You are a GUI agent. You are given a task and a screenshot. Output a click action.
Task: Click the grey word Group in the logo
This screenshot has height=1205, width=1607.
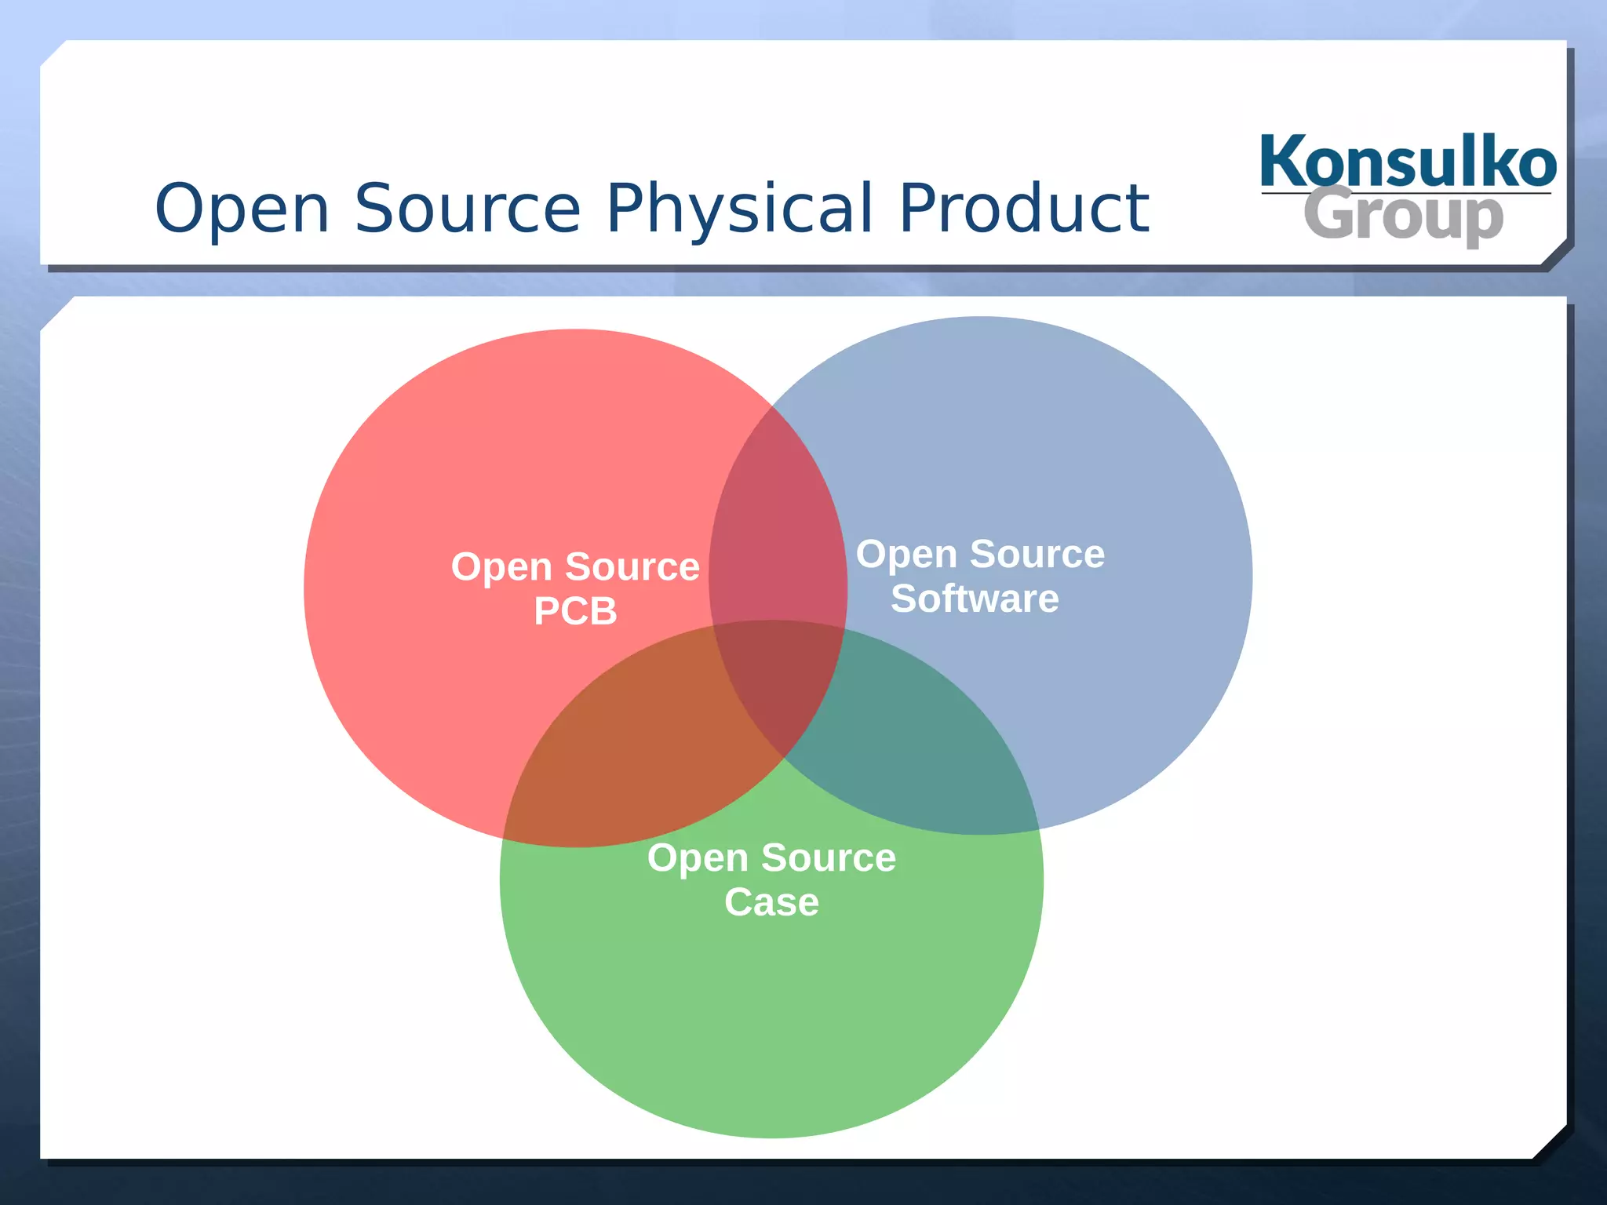coord(1403,216)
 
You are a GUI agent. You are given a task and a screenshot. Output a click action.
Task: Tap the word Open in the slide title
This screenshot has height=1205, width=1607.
coord(242,209)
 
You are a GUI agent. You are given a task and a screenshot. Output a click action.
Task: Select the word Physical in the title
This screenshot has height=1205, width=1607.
coord(739,209)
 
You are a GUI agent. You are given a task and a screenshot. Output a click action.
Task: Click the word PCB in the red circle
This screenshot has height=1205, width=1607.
coord(575,611)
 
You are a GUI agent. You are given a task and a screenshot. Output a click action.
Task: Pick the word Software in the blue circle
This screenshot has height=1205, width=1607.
coord(975,599)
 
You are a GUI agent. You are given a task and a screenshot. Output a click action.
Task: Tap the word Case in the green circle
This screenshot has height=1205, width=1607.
coord(771,902)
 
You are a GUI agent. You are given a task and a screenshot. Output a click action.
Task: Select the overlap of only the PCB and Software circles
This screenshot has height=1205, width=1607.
coord(777,533)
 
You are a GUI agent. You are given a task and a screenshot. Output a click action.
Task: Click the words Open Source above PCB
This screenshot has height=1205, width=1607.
coord(575,566)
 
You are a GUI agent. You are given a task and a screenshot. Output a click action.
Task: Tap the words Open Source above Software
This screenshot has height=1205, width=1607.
coord(980,554)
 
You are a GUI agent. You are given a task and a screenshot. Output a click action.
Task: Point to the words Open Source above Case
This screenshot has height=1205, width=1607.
coord(771,857)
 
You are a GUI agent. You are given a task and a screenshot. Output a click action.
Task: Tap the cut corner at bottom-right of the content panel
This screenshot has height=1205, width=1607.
coord(1551,1143)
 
